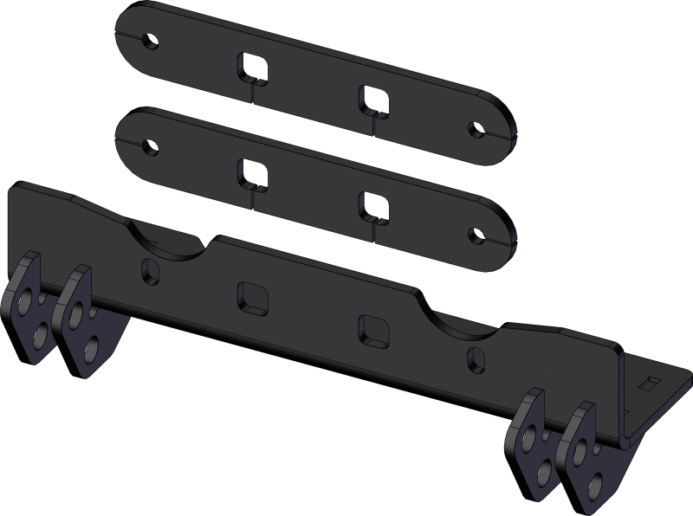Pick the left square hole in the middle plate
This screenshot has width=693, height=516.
[251, 171]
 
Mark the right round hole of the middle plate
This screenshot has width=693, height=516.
[476, 235]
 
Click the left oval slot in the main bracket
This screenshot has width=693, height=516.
[150, 270]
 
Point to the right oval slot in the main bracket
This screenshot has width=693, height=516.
[472, 357]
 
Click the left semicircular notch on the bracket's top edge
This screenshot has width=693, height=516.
[169, 236]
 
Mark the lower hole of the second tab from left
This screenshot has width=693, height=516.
[91, 349]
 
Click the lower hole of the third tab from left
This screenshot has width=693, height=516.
[547, 468]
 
